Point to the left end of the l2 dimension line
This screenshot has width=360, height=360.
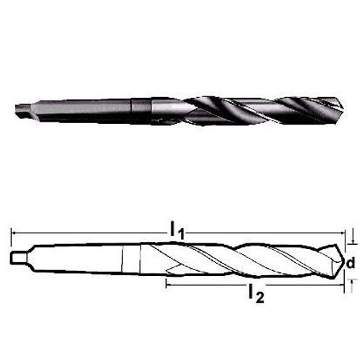167,285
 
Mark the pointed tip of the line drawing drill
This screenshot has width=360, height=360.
341,259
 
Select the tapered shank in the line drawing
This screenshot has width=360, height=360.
80,259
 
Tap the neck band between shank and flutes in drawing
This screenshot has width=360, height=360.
130,259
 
